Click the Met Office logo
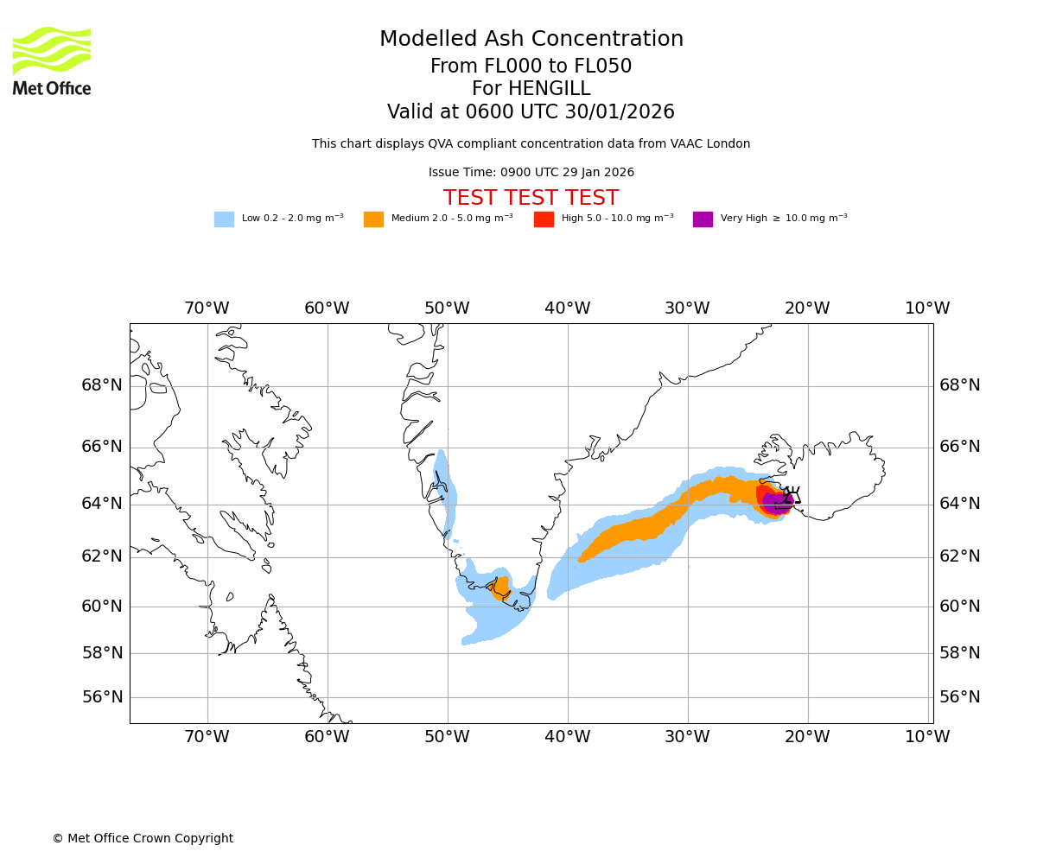click(x=52, y=60)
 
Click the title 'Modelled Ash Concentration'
click(x=531, y=40)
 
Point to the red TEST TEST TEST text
click(x=531, y=198)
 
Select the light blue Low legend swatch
click(x=224, y=219)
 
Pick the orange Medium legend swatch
click(x=373, y=219)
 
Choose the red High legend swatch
click(x=544, y=219)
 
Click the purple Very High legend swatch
click(x=703, y=219)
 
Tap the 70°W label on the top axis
click(x=207, y=308)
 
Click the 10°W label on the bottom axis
click(x=927, y=737)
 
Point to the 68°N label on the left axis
click(x=102, y=385)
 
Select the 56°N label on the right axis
click(x=959, y=697)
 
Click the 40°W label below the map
click(x=568, y=737)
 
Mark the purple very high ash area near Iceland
click(x=775, y=502)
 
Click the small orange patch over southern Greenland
click(x=501, y=587)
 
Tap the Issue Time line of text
click(x=531, y=173)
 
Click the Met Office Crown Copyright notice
click(x=143, y=838)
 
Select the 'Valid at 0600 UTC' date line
click(x=531, y=112)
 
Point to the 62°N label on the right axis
click(x=959, y=556)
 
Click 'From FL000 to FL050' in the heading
click(x=531, y=67)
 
